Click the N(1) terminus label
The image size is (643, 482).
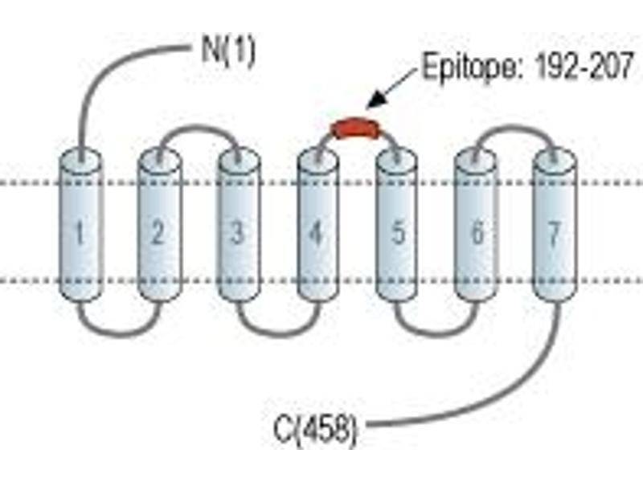click(x=228, y=52)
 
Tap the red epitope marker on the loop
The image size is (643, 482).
click(x=355, y=128)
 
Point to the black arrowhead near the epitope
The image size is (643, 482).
click(x=376, y=100)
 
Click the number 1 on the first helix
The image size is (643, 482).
click(x=80, y=233)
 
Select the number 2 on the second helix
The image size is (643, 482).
click(x=158, y=232)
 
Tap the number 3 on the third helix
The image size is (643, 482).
click(x=237, y=233)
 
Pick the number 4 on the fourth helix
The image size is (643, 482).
click(x=316, y=234)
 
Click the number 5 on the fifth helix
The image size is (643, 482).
click(x=398, y=233)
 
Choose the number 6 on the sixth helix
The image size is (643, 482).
click(x=477, y=233)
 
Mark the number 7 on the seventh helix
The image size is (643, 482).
click(x=554, y=234)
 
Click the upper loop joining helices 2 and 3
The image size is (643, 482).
click(x=199, y=128)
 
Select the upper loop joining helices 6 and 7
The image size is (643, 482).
click(x=515, y=128)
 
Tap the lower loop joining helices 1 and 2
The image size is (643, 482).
click(x=119, y=334)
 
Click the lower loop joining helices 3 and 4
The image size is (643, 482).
click(x=278, y=334)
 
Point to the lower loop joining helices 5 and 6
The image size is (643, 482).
click(x=437, y=334)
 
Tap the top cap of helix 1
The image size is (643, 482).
click(x=80, y=160)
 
